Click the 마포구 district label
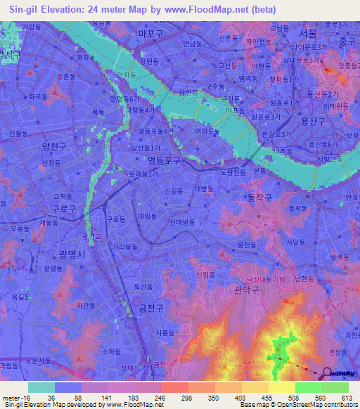coord(151,33)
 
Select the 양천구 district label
coord(53,147)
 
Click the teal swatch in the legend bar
coord(41,387)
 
